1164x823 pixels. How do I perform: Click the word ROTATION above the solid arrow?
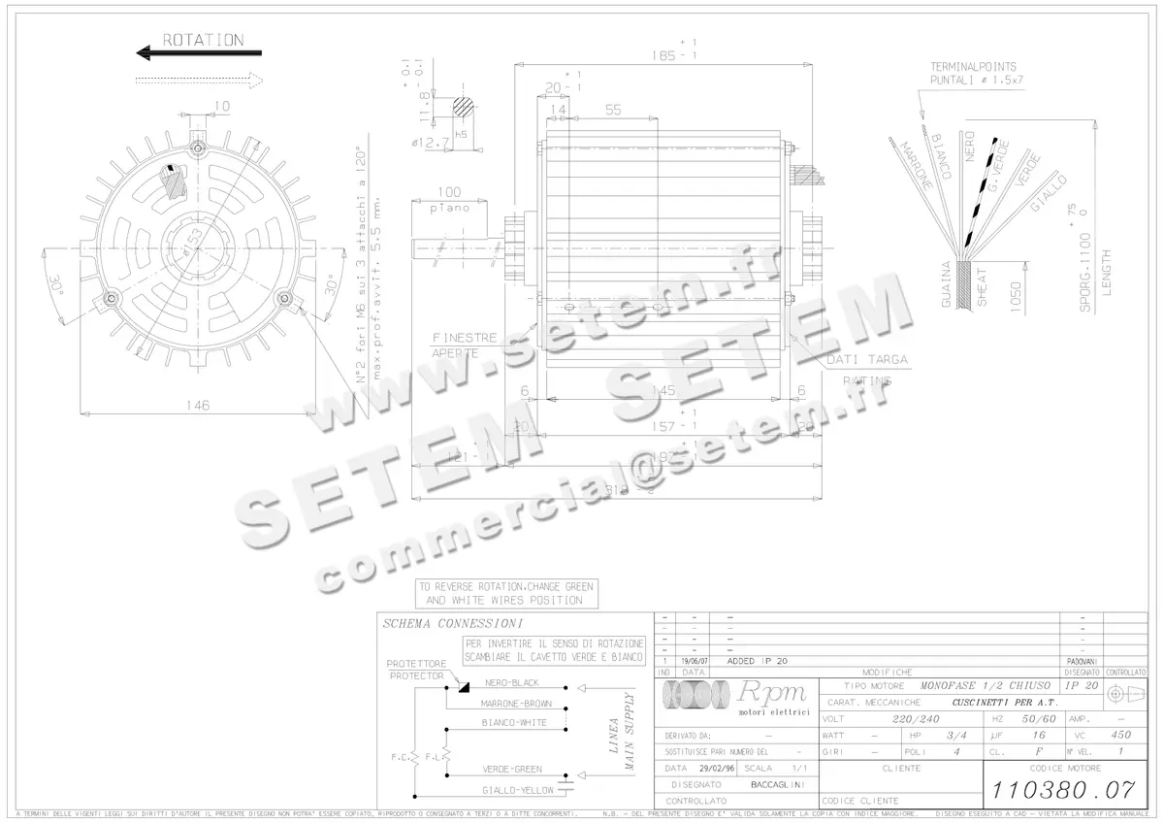point(203,40)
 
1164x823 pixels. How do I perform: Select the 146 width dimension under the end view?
point(198,406)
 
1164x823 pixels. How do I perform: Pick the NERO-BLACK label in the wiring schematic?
point(512,683)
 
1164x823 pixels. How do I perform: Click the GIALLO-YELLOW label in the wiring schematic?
point(517,791)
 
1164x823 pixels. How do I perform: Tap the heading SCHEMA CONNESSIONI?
point(452,623)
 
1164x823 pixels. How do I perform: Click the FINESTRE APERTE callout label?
point(465,346)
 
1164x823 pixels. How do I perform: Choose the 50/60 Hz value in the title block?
point(1032,719)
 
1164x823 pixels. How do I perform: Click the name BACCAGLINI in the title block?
point(778,784)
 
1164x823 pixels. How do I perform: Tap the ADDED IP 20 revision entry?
point(756,660)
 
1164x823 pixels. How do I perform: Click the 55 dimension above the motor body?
point(612,111)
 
